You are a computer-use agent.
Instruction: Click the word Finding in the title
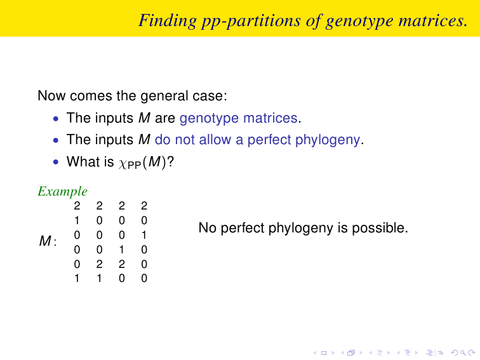168,22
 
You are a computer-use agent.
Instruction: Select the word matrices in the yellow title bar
433,20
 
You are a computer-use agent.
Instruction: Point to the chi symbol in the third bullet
122,164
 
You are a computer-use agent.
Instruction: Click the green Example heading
62,192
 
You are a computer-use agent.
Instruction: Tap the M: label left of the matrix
48,241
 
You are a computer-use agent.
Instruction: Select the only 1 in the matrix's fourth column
144,235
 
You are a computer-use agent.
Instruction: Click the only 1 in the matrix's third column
122,250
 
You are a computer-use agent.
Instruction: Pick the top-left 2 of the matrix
77,206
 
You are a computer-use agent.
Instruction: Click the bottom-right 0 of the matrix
144,278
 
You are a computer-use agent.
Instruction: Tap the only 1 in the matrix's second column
99,278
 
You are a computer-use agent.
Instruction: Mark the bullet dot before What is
55,162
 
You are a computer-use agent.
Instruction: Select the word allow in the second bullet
215,140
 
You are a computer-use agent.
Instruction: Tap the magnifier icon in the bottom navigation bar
463,353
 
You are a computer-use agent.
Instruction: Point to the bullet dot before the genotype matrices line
55,118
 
